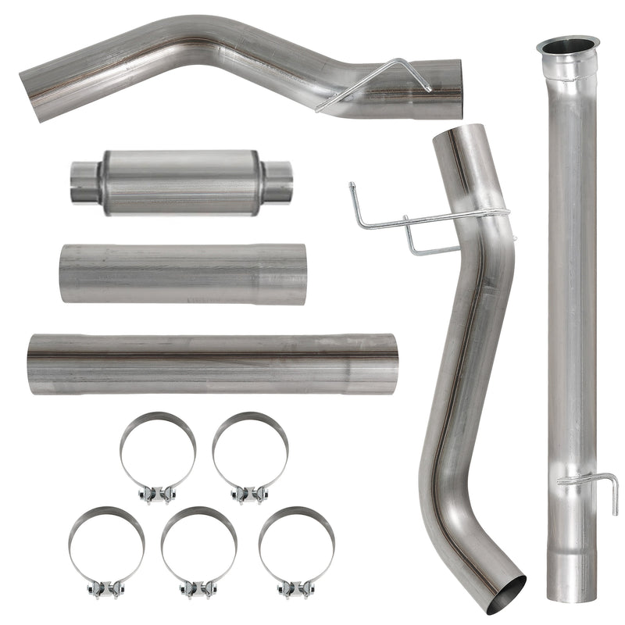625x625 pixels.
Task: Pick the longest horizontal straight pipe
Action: tap(211, 364)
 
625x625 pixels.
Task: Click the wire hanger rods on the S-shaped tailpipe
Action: tap(406, 223)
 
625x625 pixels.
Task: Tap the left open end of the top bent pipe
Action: tap(32, 93)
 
